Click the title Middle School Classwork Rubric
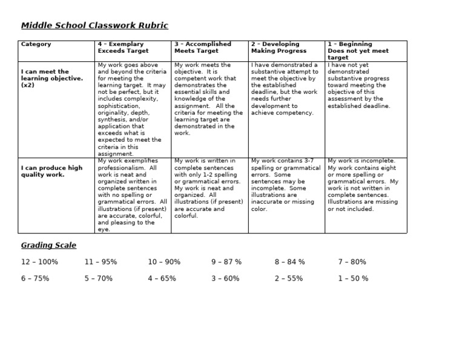coord(94,25)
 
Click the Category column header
coord(36,44)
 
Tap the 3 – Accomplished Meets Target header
coord(202,48)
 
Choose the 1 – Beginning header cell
coord(358,51)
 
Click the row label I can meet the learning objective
coord(51,78)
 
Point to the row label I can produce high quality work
coord(51,172)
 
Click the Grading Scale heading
coord(49,245)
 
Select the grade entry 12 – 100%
coord(40,262)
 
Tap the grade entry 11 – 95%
coord(101,262)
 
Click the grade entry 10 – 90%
coord(164,262)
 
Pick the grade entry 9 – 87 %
coord(226,262)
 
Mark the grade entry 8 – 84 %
coord(289,262)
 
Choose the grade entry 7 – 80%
coord(352,262)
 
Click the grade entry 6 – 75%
coord(36,279)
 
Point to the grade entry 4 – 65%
coord(162,279)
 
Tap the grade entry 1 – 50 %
coord(353,279)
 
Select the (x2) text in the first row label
coord(28,85)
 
